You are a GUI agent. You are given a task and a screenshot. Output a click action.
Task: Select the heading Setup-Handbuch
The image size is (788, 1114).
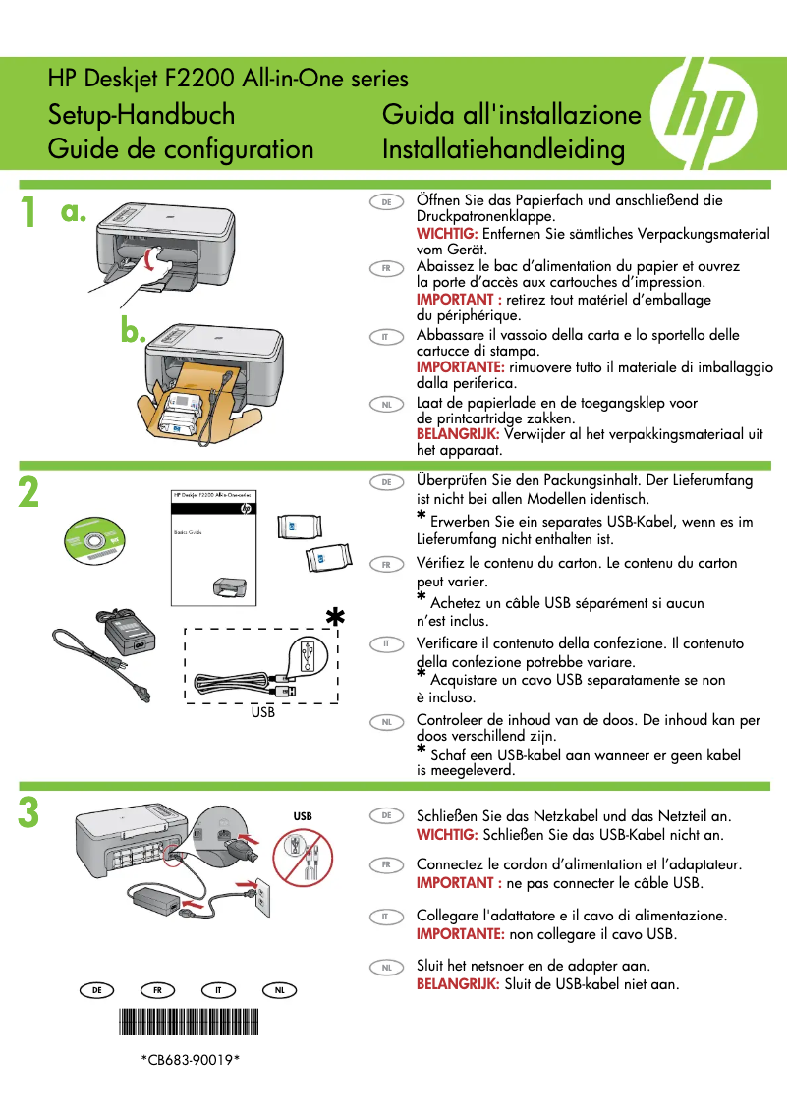point(141,115)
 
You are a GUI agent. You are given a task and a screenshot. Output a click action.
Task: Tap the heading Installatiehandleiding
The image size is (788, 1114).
point(503,149)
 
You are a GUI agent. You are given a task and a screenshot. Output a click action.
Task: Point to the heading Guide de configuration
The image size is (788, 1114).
point(181,149)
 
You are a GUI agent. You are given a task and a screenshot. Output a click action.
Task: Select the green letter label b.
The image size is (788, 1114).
point(133,332)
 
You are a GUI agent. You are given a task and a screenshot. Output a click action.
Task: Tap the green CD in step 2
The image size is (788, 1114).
point(95,541)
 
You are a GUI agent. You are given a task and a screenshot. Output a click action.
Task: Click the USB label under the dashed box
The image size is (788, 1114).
point(262,712)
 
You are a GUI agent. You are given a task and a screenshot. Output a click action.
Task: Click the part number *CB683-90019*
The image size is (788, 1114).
point(190,1060)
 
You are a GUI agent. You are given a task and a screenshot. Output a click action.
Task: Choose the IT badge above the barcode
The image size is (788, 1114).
point(219,990)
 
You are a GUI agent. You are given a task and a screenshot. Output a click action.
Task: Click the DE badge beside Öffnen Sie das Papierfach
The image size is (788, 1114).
point(386,201)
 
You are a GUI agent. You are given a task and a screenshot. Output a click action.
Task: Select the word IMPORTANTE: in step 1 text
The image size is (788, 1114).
point(460,367)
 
